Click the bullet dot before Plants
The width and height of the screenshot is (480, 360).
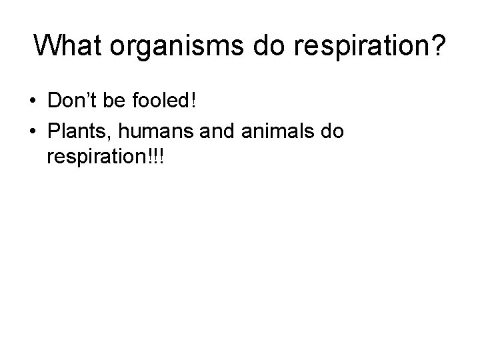point(33,132)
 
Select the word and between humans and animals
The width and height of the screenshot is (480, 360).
point(212,131)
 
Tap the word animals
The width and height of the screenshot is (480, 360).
point(273,131)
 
